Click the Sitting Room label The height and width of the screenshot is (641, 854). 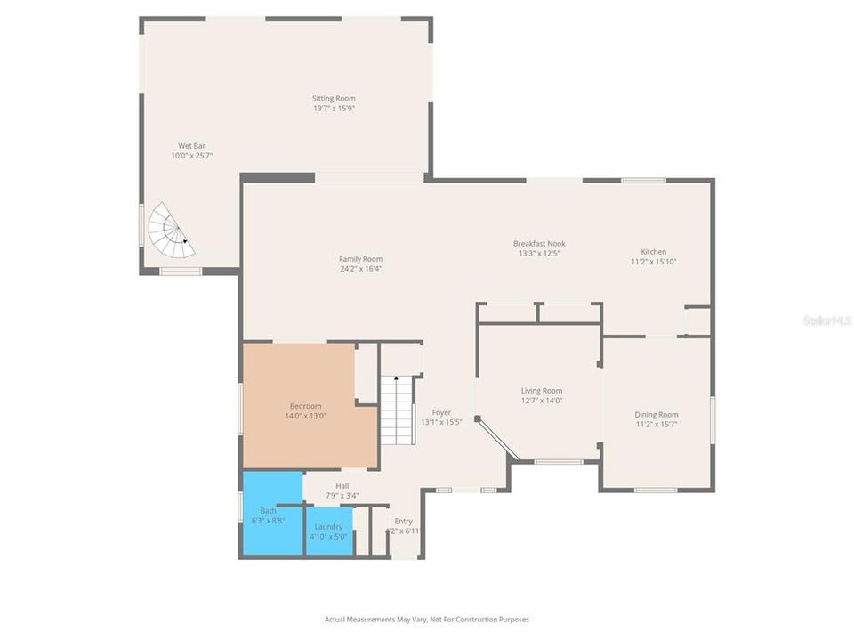pos(334,99)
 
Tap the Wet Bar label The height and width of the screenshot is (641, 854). pos(191,145)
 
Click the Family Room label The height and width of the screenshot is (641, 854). pos(361,259)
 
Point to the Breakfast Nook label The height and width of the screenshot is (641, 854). pos(539,243)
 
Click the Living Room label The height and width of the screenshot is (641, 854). pos(542,391)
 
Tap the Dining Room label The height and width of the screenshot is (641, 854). pos(657,415)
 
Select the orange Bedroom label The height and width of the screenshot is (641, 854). pos(305,405)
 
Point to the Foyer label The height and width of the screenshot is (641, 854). pos(441,412)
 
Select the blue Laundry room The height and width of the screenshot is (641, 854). pos(328,531)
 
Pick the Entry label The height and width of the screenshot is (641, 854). pos(404,522)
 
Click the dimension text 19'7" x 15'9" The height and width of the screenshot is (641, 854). pos(334,109)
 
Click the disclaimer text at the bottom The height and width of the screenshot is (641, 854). pos(427,619)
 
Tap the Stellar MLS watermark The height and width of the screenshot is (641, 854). pos(826,320)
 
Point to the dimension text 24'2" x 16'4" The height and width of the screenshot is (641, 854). pos(361,269)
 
